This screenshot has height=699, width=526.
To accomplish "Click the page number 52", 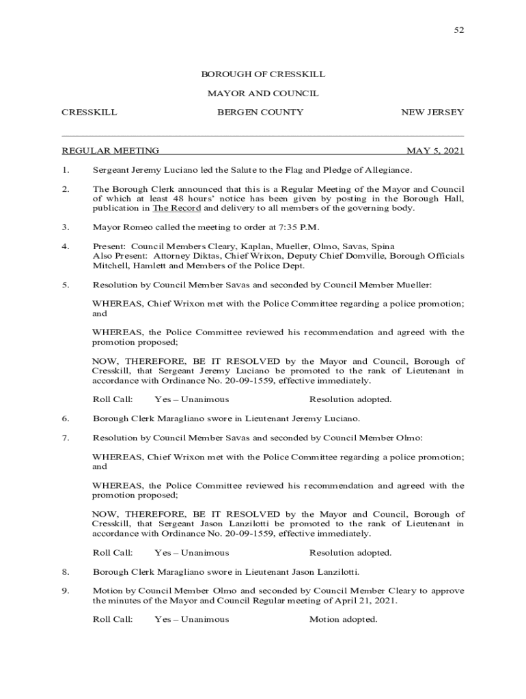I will click(459, 30).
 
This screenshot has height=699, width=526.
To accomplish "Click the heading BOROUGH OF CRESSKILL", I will click(263, 74).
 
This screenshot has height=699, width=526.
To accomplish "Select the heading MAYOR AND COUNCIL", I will click(263, 94).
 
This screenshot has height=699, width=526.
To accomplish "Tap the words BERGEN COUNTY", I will click(260, 112).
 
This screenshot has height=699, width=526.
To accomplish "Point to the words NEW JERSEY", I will click(432, 112).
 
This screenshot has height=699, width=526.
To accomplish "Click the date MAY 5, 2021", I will click(435, 151).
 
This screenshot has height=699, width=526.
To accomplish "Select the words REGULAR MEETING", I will click(111, 151).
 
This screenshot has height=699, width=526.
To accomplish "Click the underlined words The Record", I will click(176, 208).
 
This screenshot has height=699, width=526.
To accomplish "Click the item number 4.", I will click(66, 246).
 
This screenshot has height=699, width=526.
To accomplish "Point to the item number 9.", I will click(66, 590).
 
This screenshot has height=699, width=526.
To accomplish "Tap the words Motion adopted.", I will click(343, 619).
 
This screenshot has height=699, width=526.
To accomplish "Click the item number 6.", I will click(66, 418).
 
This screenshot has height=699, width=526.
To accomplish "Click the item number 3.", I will click(66, 227).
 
